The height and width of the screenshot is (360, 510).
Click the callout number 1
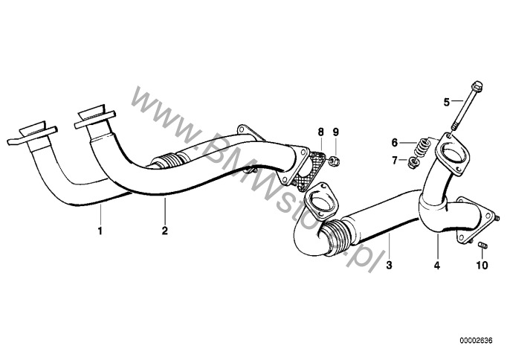click(100, 231)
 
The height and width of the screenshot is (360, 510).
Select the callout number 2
click(165, 231)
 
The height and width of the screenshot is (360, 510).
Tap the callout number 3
click(389, 266)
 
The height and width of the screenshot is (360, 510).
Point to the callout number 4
click(437, 266)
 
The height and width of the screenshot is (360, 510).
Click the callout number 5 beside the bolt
click(447, 102)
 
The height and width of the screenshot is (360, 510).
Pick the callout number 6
click(395, 142)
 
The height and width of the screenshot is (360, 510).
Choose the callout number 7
click(395, 160)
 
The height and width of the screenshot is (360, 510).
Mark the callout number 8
click(321, 132)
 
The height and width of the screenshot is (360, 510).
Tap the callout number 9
click(336, 132)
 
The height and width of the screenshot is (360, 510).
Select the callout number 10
click(482, 266)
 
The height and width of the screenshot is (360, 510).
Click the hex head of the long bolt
click(476, 86)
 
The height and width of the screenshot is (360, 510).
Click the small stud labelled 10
click(482, 245)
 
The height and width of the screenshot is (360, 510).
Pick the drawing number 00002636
click(476, 341)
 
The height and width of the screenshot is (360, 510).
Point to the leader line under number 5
click(457, 101)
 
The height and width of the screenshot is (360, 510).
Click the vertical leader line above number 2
click(165, 210)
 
